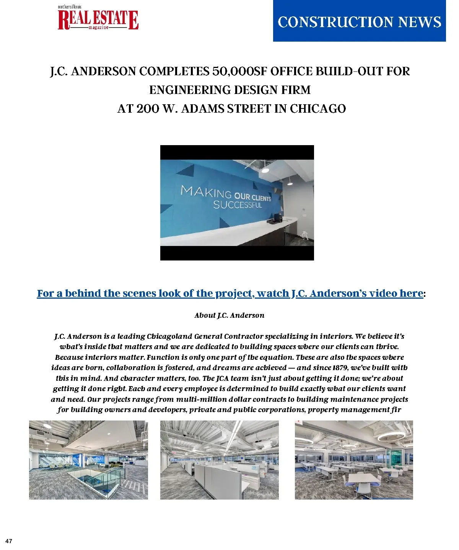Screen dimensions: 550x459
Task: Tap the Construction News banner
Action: click(359, 22)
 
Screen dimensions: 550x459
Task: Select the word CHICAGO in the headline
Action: click(317, 109)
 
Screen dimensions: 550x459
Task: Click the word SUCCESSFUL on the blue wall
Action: click(238, 205)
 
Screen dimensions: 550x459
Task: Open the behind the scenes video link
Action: click(230, 293)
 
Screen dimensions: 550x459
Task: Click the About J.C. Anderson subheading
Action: click(229, 315)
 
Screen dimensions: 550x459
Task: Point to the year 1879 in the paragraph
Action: click(339, 368)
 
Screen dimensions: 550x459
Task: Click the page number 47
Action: click(9, 541)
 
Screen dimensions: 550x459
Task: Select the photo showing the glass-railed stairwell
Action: click(88, 460)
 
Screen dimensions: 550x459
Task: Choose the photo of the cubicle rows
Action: click(219, 460)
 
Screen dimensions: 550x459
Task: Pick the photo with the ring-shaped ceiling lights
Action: click(354, 460)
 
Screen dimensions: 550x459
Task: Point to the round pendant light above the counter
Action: click(265, 170)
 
